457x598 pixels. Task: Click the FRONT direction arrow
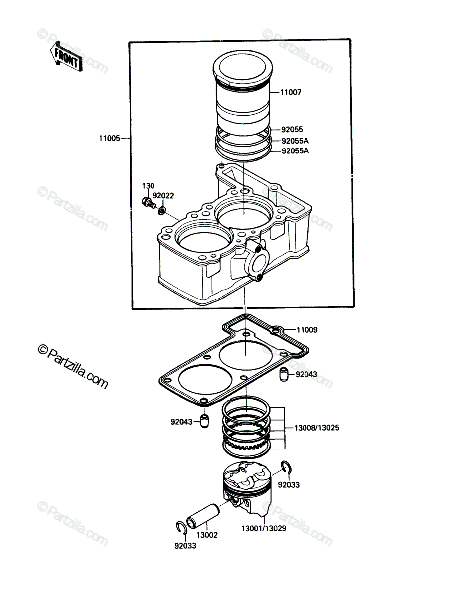[x=66, y=57]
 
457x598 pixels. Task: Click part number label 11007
[x=291, y=92]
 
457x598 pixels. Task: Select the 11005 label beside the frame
[x=109, y=138]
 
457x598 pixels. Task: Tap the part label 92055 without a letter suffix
[x=292, y=129]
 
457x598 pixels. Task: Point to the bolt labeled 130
[x=149, y=203]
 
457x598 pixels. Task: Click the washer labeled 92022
[x=162, y=210]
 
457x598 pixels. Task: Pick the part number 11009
[x=307, y=330]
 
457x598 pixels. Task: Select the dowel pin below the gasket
[x=204, y=421]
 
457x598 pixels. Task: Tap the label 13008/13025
[x=317, y=428]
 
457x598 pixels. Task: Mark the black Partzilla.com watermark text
[x=73, y=366]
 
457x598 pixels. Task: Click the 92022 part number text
[x=163, y=196]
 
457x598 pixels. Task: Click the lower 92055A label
[x=295, y=151]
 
